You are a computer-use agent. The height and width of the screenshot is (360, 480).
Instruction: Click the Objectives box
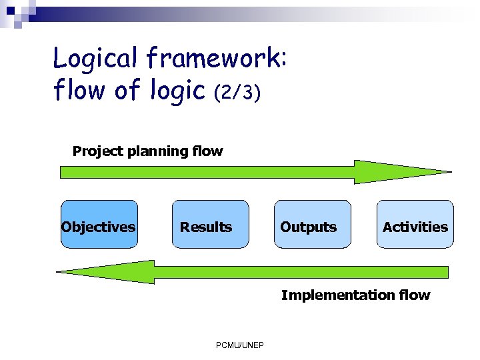coord(99,225)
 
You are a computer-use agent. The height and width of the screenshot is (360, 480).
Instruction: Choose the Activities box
coord(415,225)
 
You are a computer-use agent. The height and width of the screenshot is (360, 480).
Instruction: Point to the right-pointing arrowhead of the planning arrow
coord(400,172)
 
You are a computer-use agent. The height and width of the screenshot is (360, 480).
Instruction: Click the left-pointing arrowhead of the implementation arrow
coord(107,271)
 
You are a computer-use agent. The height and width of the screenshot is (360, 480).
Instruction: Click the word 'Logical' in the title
coord(95,60)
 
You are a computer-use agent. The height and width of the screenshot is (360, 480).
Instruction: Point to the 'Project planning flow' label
coord(147,151)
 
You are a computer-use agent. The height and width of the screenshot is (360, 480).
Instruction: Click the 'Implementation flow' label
coord(355,295)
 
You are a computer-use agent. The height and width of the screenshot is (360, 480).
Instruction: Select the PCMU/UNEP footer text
coord(240,345)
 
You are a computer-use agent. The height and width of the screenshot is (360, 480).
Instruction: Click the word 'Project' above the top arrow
coord(97,151)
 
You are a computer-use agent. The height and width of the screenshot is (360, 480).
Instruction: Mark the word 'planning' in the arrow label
coord(157,152)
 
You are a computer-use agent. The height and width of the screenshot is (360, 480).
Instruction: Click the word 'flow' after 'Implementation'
coord(414,295)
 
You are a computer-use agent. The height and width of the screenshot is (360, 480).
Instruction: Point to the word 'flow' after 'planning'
coord(207,151)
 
